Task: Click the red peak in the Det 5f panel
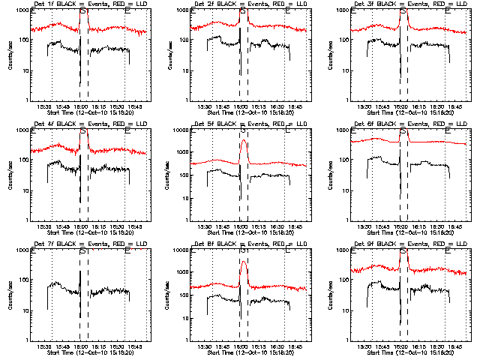click(x=243, y=141)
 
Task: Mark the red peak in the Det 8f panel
click(x=243, y=261)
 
